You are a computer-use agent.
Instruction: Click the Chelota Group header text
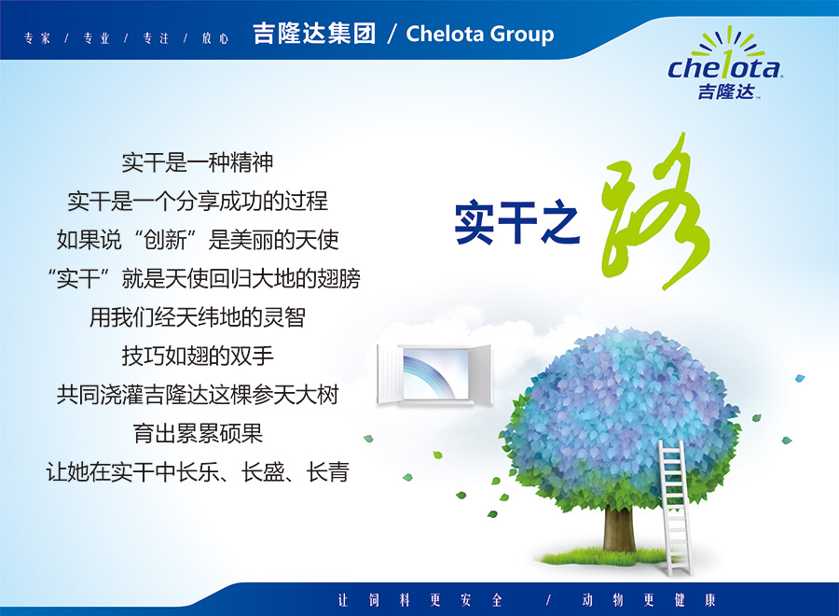[x=480, y=34]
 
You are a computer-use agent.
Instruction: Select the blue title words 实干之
[x=516, y=222]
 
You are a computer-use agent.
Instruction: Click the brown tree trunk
[x=619, y=529]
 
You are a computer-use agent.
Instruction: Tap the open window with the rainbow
[x=433, y=374]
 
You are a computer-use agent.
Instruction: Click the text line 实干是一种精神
[x=198, y=162]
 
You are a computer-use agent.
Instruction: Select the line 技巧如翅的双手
[x=198, y=356]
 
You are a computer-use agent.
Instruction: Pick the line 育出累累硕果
[x=198, y=433]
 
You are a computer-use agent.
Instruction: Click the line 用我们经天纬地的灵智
[x=198, y=317]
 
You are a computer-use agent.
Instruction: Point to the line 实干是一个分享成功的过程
[x=198, y=201]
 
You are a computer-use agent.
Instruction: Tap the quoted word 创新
[x=165, y=240]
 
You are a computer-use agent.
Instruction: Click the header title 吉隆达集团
[x=314, y=34]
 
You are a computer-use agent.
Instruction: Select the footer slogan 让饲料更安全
[x=420, y=600]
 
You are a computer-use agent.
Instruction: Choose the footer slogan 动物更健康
[x=649, y=600]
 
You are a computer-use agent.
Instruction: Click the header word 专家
[x=37, y=38]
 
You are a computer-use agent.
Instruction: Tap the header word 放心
[x=215, y=38]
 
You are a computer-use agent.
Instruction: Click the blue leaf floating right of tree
[x=800, y=378]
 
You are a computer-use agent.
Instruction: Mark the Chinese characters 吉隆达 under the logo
[x=726, y=91]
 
